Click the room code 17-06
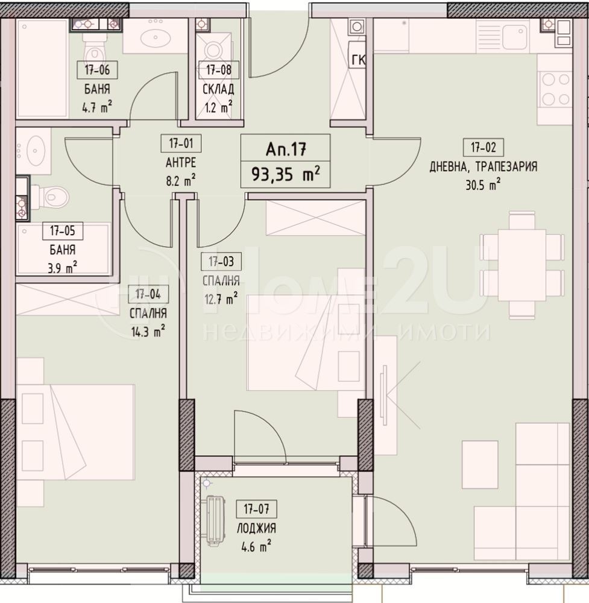[x=97, y=71]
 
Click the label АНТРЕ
[x=181, y=163]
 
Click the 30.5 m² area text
[x=483, y=186]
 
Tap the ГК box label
[x=357, y=60]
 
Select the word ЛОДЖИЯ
[x=256, y=529]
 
